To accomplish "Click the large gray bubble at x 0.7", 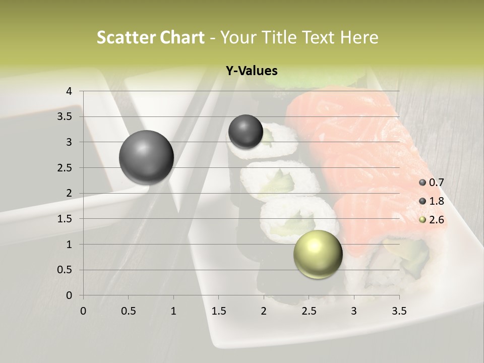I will [146, 157].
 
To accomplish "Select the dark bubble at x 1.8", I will [246, 132].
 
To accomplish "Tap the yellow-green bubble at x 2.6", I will [318, 254].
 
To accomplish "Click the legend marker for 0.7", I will [422, 183].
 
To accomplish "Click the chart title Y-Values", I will [251, 71].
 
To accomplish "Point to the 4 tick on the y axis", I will [70, 91].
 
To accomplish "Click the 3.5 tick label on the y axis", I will [65, 117].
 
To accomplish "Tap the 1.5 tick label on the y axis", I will [65, 219].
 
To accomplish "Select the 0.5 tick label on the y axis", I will [65, 270].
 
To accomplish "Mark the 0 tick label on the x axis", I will [83, 311].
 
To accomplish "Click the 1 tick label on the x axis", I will [173, 311].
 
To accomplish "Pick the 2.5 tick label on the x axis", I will [309, 311].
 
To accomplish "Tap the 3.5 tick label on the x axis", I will [399, 311].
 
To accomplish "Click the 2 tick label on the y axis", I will [70, 194].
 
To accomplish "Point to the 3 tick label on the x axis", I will [354, 311].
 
